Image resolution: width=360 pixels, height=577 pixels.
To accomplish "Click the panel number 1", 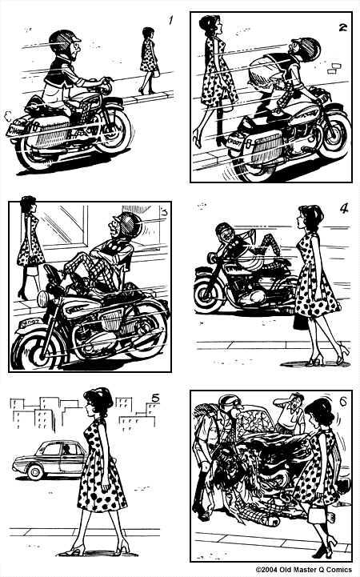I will tap(170, 19).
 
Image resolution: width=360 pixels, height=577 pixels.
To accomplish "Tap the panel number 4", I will tap(343, 209).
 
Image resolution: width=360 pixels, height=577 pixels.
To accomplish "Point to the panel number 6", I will tap(342, 400).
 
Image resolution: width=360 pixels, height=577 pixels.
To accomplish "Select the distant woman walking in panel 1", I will tap(148, 60).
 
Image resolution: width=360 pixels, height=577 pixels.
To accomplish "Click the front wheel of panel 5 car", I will tap(35, 472).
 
